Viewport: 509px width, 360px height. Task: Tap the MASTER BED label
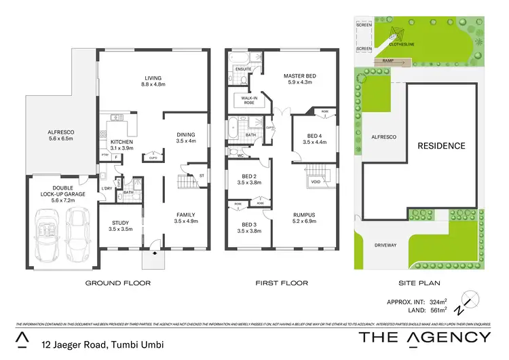coord(301,75)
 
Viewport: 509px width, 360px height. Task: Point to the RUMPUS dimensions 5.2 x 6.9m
coord(301,221)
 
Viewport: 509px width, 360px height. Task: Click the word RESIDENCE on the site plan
coord(440,145)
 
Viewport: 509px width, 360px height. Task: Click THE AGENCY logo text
coord(424,337)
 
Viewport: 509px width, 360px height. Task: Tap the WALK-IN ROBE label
coord(244,100)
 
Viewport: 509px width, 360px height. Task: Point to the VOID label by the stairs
coord(316,181)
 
